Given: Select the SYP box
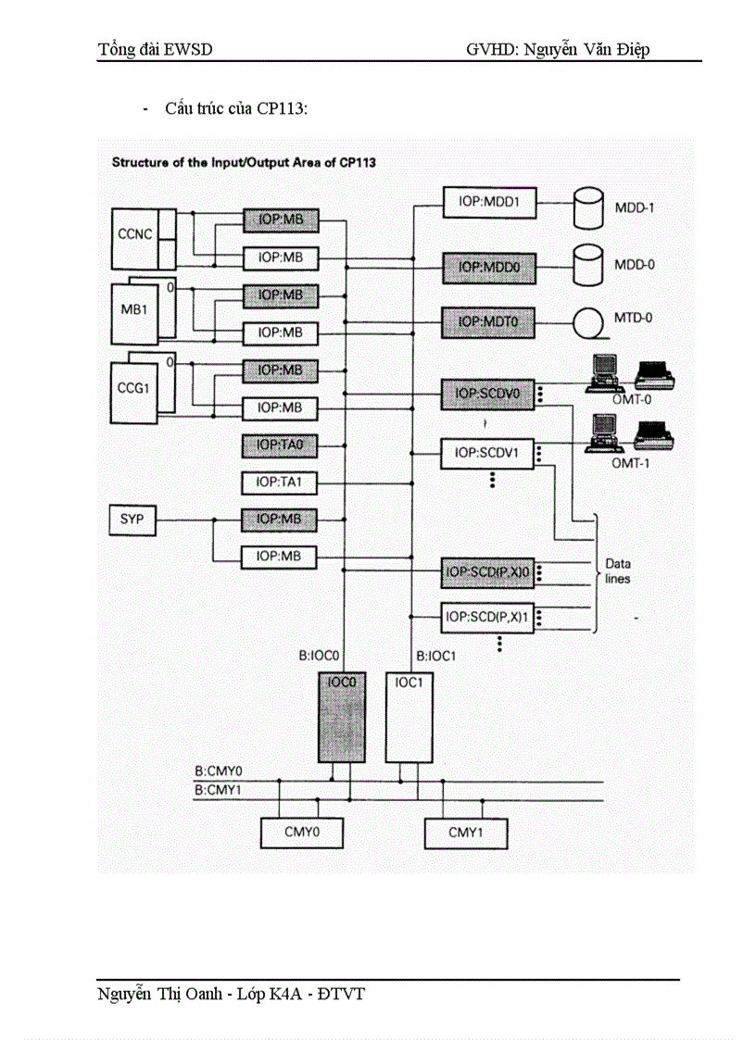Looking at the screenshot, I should pos(132,520).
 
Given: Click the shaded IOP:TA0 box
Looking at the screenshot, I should pos(279,445).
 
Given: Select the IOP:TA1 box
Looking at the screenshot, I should pos(279,482).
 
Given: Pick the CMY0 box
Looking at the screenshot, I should pos(301,833).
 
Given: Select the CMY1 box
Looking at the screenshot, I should pos(466,833).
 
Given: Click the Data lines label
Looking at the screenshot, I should pos(618,570).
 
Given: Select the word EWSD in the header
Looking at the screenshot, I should pos(189,49).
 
